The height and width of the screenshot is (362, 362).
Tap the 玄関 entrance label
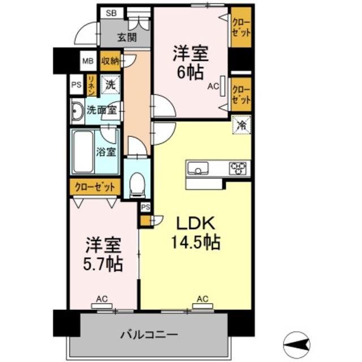pos(127,38)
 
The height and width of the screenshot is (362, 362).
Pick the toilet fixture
pos(137,184)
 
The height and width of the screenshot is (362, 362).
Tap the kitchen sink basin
pos(199,168)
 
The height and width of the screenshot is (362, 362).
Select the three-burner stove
pos(238,168)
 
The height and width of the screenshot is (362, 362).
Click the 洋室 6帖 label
pos(191,63)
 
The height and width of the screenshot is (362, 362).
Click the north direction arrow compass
pos(298,341)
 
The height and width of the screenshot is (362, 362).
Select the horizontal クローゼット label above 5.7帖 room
pos(95,186)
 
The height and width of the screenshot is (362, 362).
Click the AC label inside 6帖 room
pos(213,87)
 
